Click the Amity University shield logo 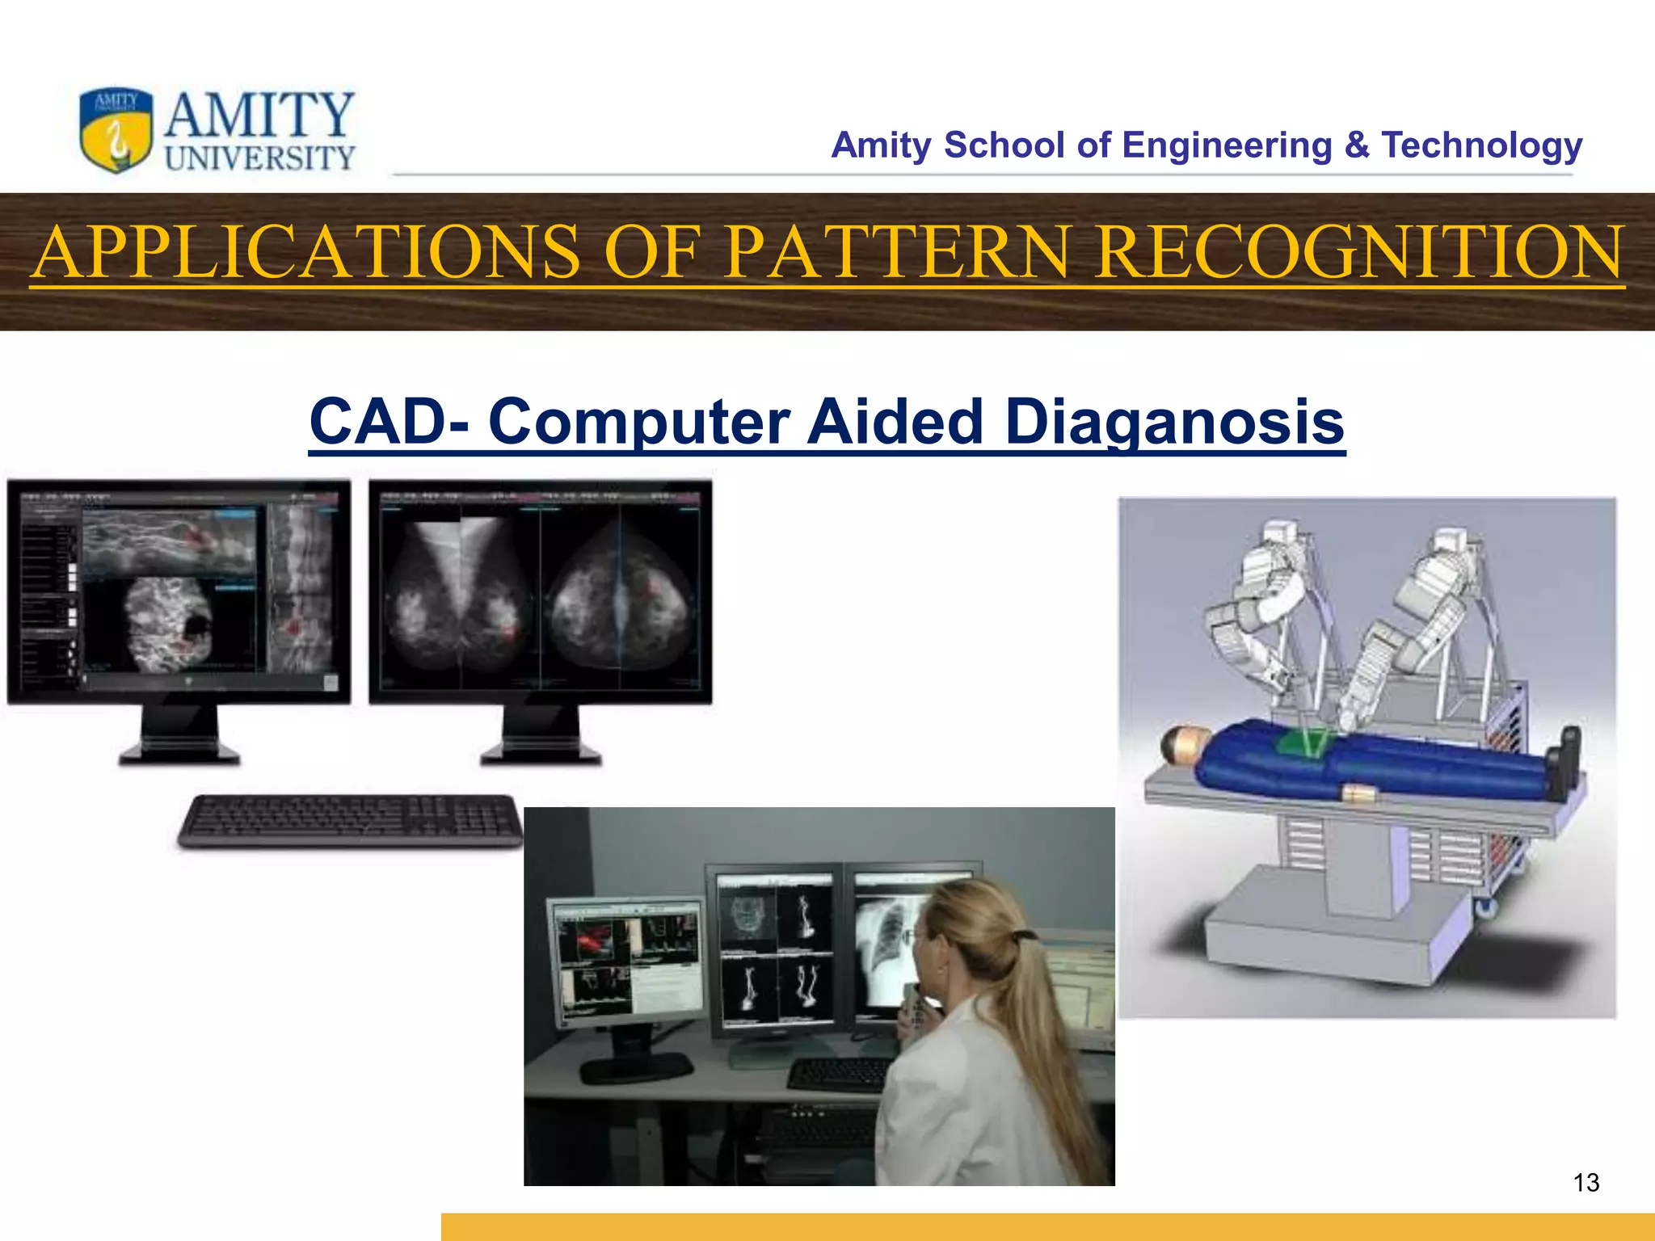tap(116, 130)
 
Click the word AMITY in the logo tap(259, 115)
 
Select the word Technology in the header tap(1480, 145)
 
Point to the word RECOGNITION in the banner tap(1358, 252)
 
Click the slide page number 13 tap(1586, 1183)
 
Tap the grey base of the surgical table tap(1325, 929)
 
